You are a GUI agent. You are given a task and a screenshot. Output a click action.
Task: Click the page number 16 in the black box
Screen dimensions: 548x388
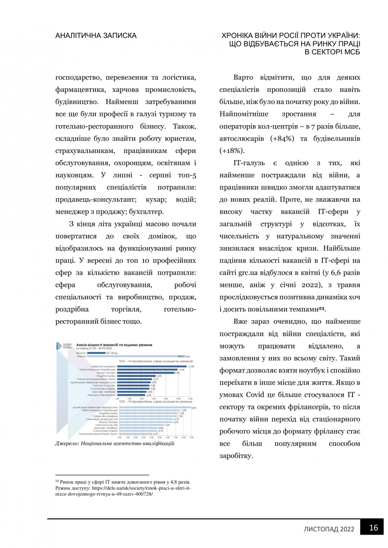[373, 528]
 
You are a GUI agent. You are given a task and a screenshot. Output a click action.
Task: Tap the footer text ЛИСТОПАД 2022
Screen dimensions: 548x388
[330, 529]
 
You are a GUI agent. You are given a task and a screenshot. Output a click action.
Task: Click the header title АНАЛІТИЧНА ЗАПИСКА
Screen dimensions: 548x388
[96, 35]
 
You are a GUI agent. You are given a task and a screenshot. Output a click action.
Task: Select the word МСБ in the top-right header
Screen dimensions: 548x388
[350, 52]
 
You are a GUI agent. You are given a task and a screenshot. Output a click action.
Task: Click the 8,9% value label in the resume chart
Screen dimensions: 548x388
[194, 407]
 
